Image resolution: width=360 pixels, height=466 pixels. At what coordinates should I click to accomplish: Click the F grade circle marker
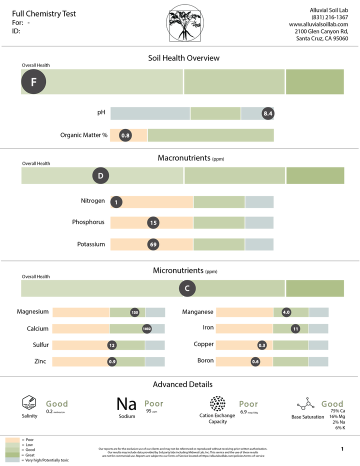pyautogui.click(x=33, y=82)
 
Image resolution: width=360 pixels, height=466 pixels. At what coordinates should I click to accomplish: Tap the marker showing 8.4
pyautogui.click(x=268, y=113)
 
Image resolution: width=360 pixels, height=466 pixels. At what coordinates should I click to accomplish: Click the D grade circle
pyautogui.click(x=100, y=176)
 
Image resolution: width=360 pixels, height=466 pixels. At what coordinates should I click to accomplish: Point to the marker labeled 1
pyautogui.click(x=116, y=202)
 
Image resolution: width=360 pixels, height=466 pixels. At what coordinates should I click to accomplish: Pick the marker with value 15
pyautogui.click(x=153, y=223)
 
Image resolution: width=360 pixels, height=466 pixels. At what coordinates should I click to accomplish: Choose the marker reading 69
pyautogui.click(x=153, y=244)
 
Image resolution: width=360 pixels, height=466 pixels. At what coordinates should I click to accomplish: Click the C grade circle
pyautogui.click(x=187, y=288)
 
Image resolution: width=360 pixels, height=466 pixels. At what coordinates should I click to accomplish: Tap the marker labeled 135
pyautogui.click(x=134, y=312)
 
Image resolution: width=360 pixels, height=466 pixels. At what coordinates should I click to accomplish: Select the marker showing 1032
pyautogui.click(x=147, y=329)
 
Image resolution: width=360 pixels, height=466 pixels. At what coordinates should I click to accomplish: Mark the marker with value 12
pyautogui.click(x=112, y=345)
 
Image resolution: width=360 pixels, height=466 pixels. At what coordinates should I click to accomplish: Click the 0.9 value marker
pyautogui.click(x=112, y=361)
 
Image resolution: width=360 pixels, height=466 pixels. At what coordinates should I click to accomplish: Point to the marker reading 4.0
pyautogui.click(x=286, y=312)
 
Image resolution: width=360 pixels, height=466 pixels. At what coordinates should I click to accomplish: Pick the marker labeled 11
pyautogui.click(x=296, y=329)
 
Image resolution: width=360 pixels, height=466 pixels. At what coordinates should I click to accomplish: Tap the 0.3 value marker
pyautogui.click(x=262, y=345)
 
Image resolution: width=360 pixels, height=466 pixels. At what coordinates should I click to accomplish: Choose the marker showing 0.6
pyautogui.click(x=255, y=361)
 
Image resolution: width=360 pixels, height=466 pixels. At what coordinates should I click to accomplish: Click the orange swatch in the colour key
pyautogui.click(x=12, y=439)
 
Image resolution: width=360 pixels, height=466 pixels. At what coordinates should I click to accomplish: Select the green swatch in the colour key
pyautogui.click(x=12, y=450)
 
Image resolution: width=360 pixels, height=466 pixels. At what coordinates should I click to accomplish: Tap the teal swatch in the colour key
pyautogui.click(x=12, y=460)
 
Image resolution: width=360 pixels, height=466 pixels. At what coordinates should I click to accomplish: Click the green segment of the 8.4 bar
pyautogui.click(x=215, y=113)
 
